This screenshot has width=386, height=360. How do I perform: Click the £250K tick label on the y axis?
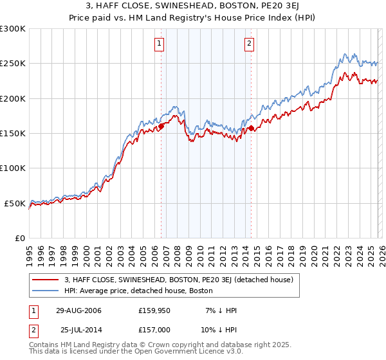tap(13, 64)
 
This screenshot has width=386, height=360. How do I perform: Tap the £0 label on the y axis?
tap(20, 238)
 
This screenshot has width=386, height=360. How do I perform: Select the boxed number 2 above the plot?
tap(249, 44)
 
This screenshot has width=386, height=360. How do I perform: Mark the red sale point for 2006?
tap(161, 126)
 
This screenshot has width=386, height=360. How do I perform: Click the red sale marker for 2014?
tap(251, 128)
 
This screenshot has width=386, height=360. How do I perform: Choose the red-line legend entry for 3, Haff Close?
tap(179, 280)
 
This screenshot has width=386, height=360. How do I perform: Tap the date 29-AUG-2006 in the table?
tap(78, 310)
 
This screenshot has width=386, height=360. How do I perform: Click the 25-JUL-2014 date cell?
tap(78, 330)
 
